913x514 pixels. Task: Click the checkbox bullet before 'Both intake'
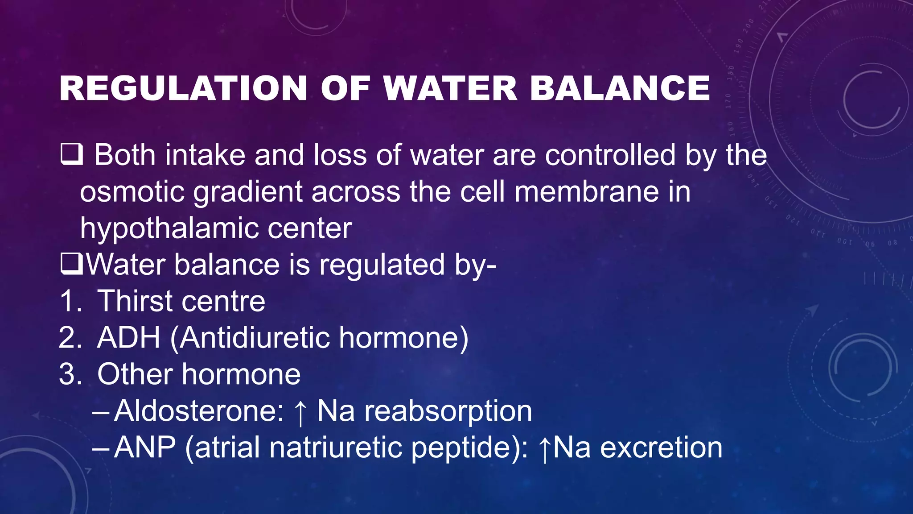71,154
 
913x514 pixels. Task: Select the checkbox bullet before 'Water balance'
71,264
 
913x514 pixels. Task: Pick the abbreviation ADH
128,338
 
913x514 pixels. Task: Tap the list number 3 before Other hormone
70,374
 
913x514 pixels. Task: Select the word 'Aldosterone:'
199,411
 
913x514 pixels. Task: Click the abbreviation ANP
145,448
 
